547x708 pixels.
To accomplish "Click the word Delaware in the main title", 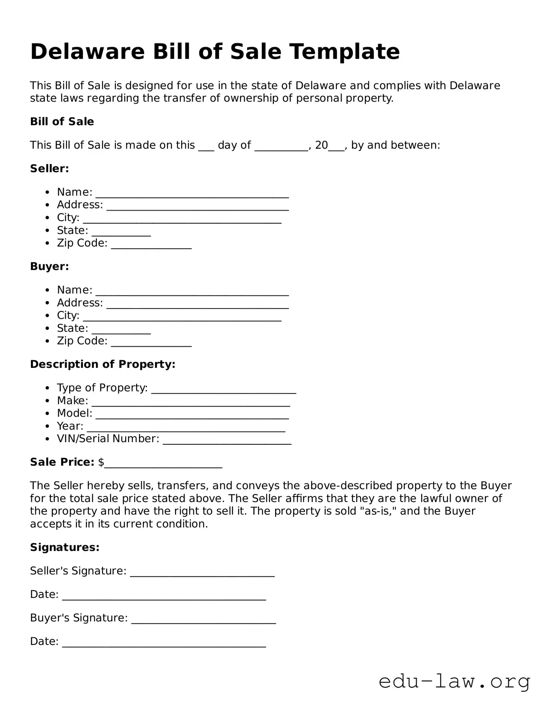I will click(87, 52).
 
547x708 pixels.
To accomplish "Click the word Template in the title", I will click(344, 52).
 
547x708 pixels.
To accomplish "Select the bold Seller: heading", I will click(49, 168).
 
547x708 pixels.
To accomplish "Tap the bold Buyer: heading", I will click(49, 266).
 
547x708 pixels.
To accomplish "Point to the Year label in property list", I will click(70, 426).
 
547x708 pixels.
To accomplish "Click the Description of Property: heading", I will click(103, 364).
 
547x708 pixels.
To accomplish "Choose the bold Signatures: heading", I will click(65, 547).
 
